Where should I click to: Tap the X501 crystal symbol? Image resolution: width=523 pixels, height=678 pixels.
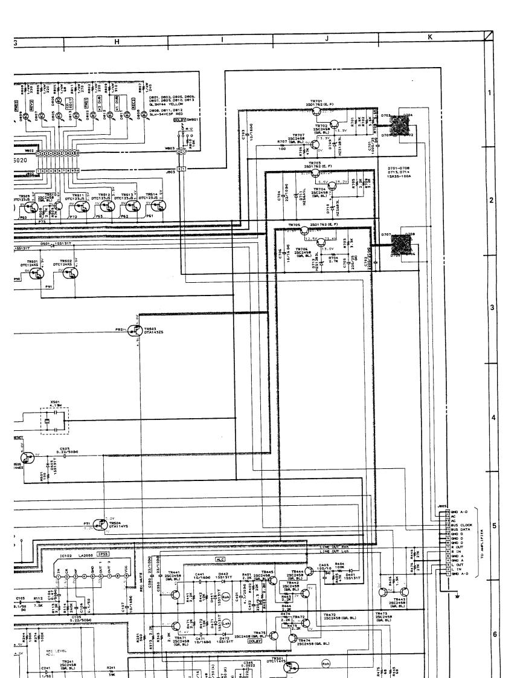54,419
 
